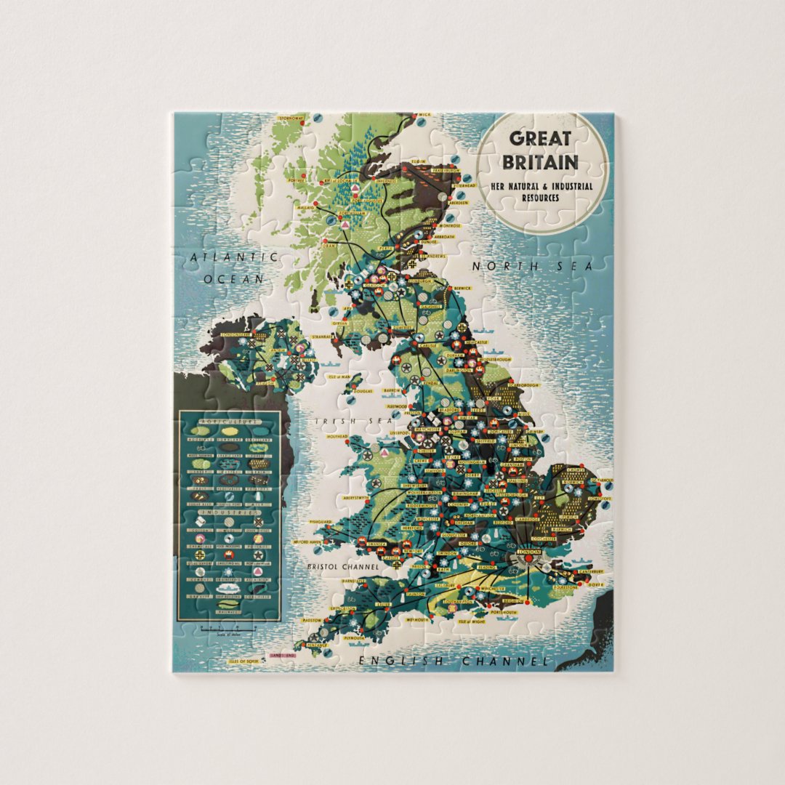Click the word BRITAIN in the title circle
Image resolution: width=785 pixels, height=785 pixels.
coord(544,161)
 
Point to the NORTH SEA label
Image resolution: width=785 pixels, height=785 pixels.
coord(532,267)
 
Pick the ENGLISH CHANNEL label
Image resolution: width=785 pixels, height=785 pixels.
coord(454,661)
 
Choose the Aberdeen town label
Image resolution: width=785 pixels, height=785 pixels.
coord(457,204)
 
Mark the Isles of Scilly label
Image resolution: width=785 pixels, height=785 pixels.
coord(243,661)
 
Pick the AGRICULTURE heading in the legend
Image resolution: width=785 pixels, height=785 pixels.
coord(230,422)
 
